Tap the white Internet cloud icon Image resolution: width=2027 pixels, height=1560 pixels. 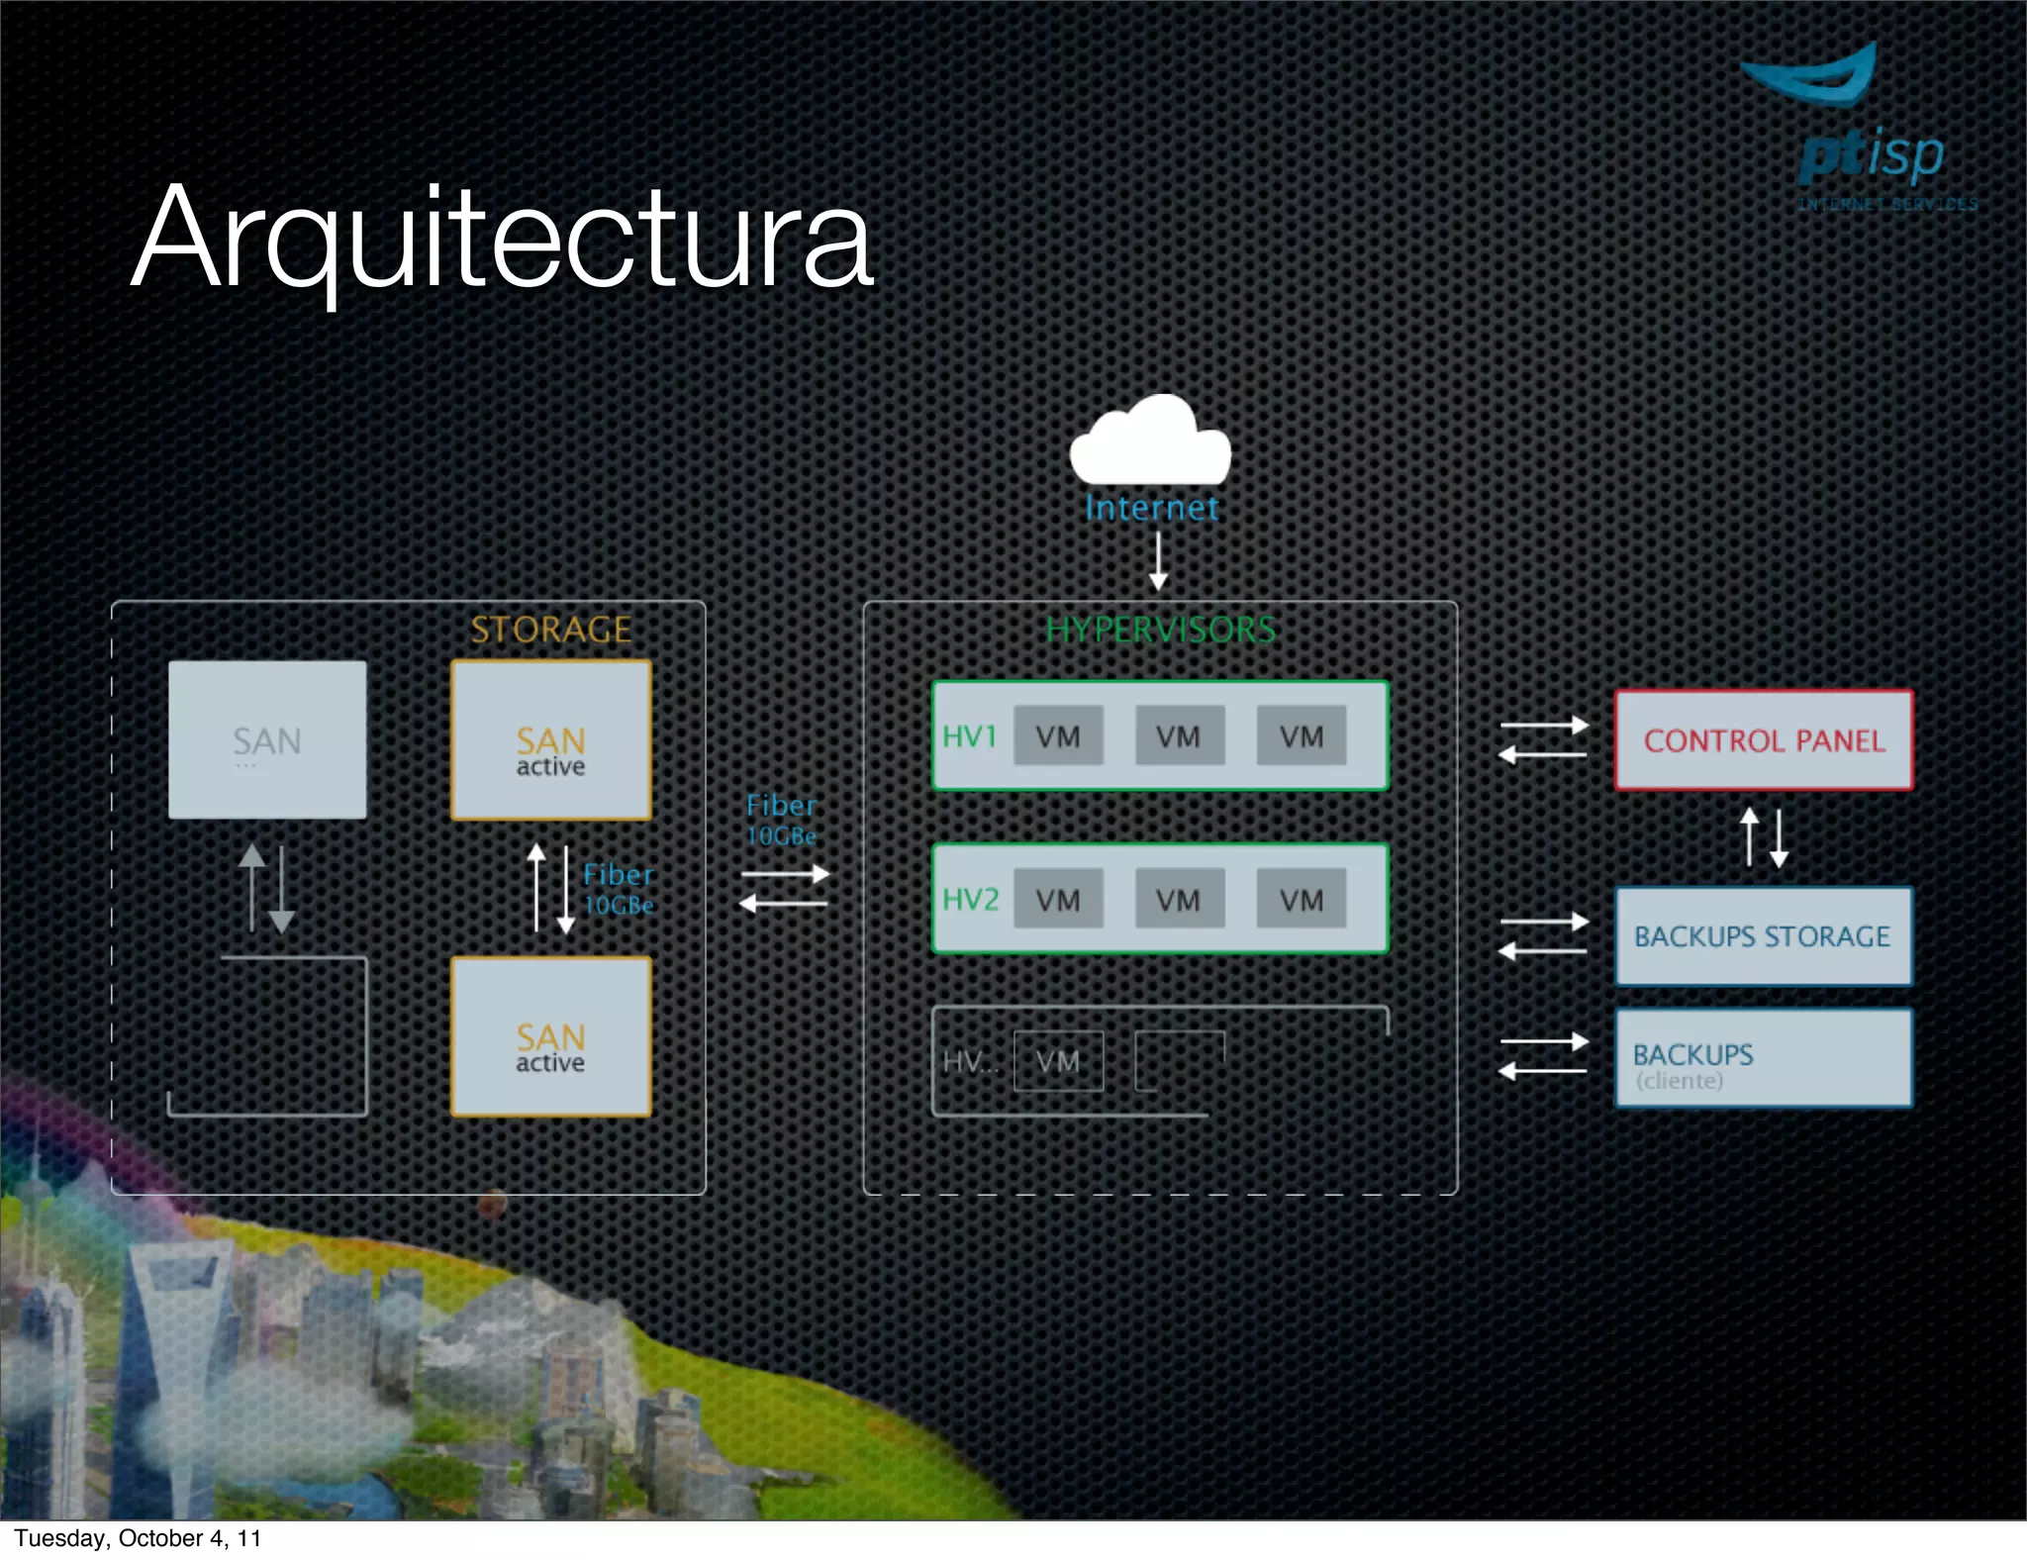(1150, 443)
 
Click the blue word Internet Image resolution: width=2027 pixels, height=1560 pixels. (1151, 508)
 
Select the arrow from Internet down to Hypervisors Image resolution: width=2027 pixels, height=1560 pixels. (1158, 560)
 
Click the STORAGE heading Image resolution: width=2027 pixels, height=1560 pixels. (550, 630)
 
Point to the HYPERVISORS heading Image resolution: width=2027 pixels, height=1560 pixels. (1160, 630)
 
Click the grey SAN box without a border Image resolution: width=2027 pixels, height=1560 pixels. (267, 739)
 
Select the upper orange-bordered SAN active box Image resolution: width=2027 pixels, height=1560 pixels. (551, 740)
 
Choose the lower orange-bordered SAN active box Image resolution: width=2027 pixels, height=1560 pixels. (551, 1036)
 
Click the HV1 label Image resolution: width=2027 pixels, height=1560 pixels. (969, 736)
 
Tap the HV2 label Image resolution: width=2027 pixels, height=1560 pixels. (970, 899)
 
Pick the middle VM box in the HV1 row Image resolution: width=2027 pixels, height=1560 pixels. (1179, 736)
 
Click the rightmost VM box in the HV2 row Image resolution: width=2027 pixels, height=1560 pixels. (1301, 899)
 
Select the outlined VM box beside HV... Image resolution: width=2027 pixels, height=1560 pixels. (1058, 1062)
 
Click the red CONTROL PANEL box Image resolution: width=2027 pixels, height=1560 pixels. (1764, 740)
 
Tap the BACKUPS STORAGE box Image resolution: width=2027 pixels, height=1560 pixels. (1764, 936)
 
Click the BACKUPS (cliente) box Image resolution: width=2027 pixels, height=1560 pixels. (1764, 1058)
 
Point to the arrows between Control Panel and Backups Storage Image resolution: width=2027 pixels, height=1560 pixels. (1764, 837)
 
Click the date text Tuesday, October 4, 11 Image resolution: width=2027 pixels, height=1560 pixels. (138, 1538)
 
